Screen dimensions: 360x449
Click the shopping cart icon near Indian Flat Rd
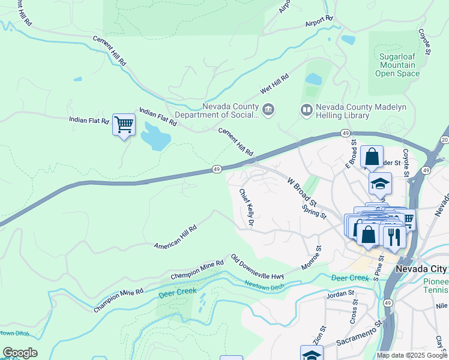pos(124,125)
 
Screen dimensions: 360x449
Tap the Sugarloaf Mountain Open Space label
pos(397,65)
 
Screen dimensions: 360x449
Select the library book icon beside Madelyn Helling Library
pos(306,110)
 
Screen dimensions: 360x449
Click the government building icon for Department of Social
pos(268,110)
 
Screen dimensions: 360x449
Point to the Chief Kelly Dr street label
pos(247,208)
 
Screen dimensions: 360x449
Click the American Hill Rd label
pos(175,238)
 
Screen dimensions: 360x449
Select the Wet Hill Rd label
pos(274,83)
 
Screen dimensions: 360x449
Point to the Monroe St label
pos(312,257)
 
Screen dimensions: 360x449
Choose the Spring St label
pos(314,211)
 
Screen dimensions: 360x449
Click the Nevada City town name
pos(421,269)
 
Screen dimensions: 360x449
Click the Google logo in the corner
pos(20,353)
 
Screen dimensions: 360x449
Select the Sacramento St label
pos(360,334)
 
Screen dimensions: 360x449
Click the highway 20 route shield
pos(444,140)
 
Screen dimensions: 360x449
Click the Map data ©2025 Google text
pos(412,355)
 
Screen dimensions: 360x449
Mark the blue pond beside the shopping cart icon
pos(155,136)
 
